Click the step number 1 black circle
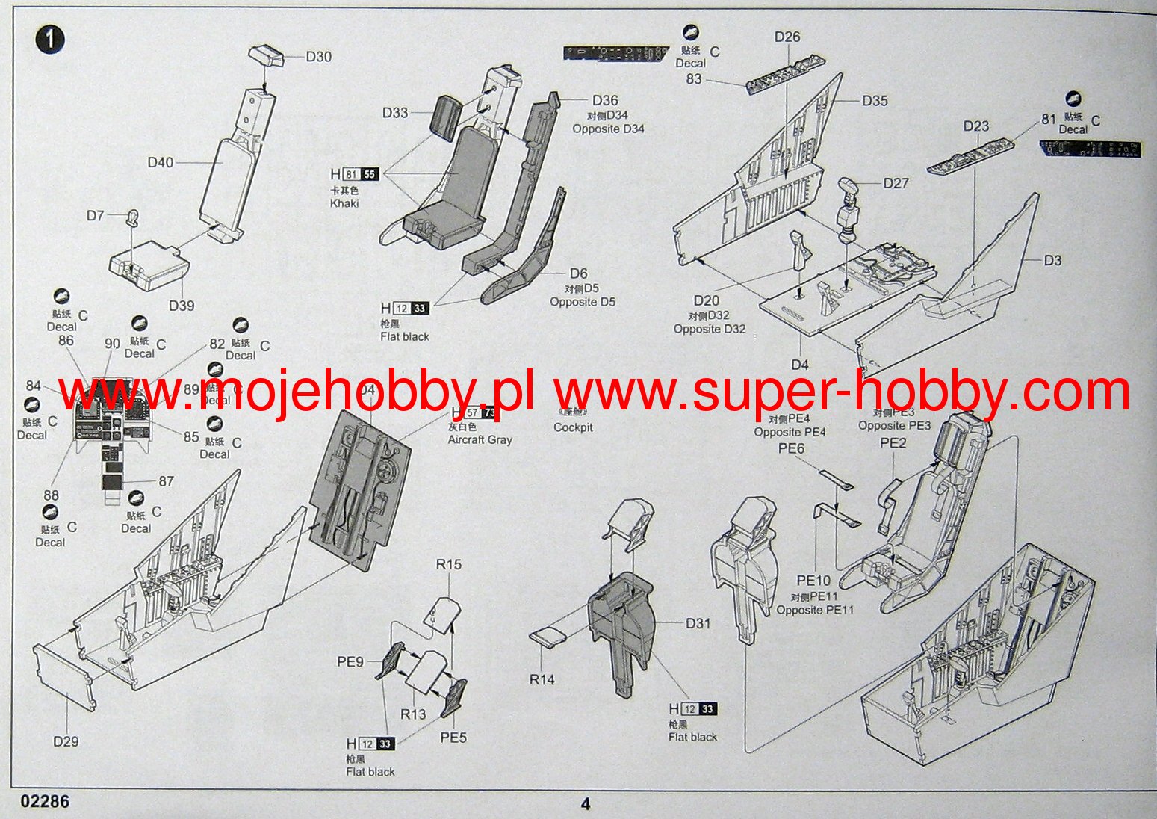[x=50, y=40]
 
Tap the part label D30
[x=319, y=57]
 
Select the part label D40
[x=161, y=163]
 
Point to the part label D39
[x=182, y=306]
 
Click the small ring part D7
[x=133, y=217]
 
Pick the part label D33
[x=396, y=114]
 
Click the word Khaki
[x=344, y=203]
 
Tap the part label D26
[x=787, y=37]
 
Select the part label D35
[x=875, y=100]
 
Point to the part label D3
[x=1052, y=260]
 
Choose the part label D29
[x=66, y=741]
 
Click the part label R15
[x=449, y=565]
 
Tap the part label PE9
[x=350, y=661]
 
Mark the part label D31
[x=698, y=623]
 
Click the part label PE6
[x=792, y=448]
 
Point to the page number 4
[x=586, y=804]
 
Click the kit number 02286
[x=46, y=802]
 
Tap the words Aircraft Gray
[x=480, y=440]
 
